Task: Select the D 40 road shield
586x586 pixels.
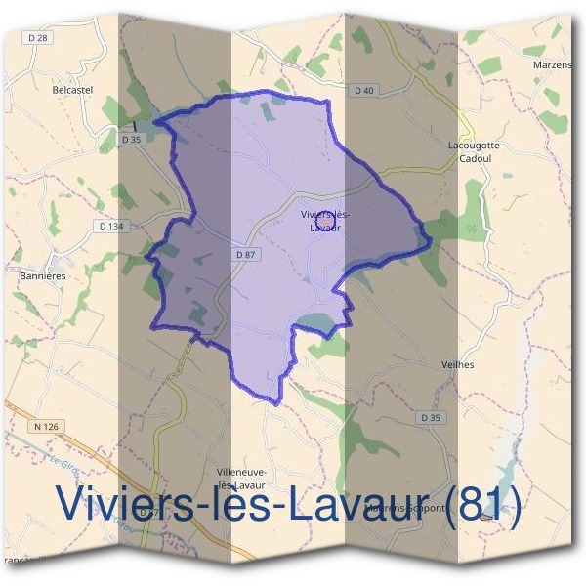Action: click(363, 90)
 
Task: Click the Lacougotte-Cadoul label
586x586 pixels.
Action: click(475, 150)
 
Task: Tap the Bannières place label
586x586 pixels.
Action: click(42, 276)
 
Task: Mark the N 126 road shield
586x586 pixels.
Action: click(46, 426)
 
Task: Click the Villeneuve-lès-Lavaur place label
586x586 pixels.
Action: click(241, 478)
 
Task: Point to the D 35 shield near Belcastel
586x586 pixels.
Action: click(132, 140)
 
